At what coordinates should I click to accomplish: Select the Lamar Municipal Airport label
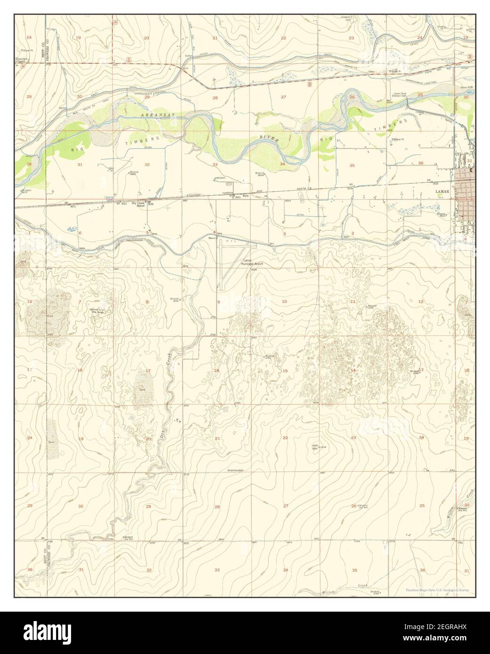[x=253, y=263]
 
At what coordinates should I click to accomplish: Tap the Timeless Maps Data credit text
[x=438, y=590]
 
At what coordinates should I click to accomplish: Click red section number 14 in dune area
[x=353, y=370]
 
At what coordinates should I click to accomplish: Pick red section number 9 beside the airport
[x=218, y=302]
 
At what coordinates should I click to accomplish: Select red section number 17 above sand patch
[x=148, y=371]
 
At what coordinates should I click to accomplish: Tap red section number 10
[x=284, y=302]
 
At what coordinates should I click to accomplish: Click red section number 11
[x=352, y=302]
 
